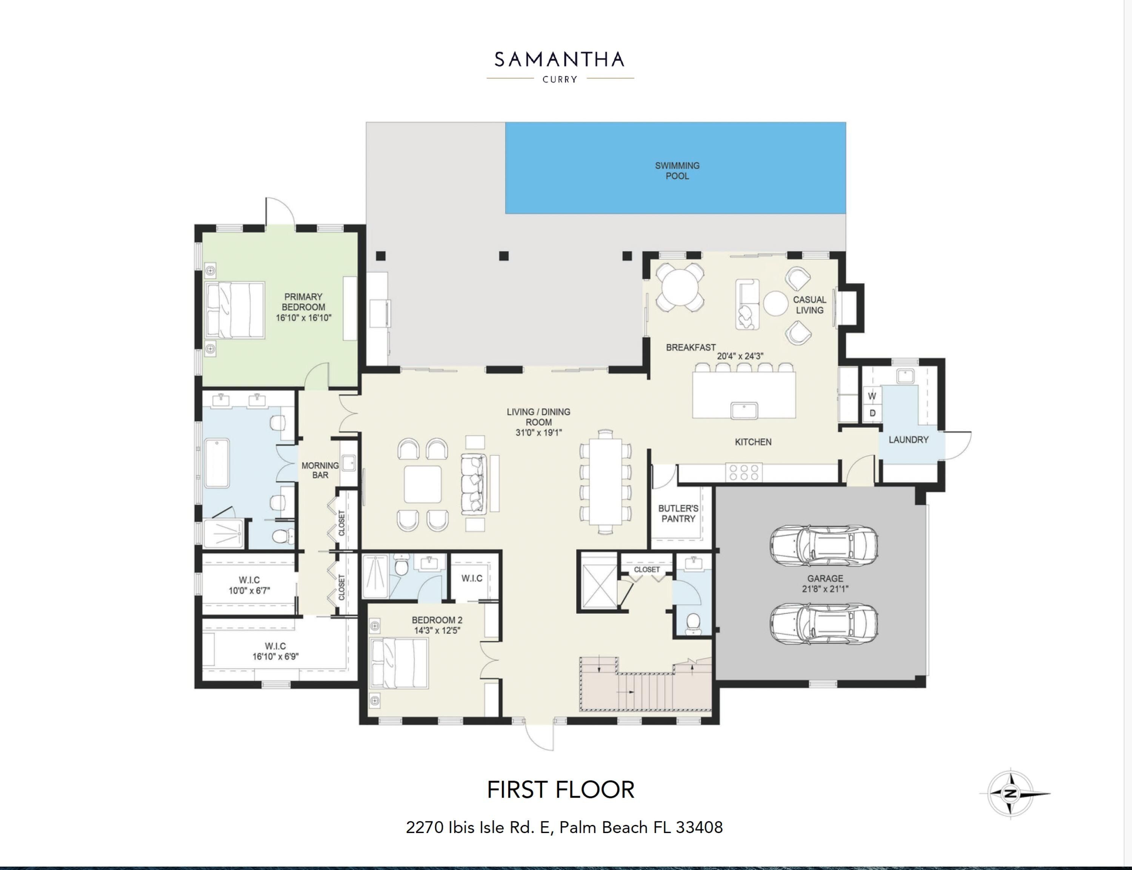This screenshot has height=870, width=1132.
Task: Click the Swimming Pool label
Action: coord(677,171)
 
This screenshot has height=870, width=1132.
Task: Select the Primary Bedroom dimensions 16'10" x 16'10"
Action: coord(303,317)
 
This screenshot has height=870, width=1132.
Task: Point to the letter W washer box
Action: coord(872,396)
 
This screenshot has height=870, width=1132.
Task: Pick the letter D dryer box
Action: coord(872,413)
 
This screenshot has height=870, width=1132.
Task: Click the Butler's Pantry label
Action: coord(678,513)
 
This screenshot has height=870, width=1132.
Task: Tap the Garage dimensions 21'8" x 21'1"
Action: coord(825,589)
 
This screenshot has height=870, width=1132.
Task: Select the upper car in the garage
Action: coord(823,546)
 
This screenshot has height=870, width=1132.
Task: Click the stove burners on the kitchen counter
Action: coord(744,472)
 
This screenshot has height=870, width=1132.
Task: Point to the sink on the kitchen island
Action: coord(744,410)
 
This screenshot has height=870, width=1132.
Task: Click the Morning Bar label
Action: coord(320,470)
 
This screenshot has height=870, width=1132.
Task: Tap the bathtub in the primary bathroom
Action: coord(217,463)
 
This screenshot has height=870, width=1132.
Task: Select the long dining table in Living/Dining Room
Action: coord(605,481)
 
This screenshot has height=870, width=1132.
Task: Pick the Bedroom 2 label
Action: coord(437,620)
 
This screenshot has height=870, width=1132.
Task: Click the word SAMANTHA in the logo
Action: coord(559,60)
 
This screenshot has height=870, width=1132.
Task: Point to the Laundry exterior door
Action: coord(958,445)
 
